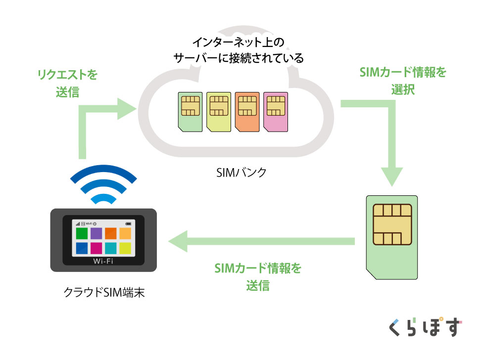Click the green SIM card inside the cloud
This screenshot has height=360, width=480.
pos(190,112)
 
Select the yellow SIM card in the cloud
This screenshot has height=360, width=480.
pos(219,112)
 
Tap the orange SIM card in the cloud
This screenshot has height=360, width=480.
pos(247,112)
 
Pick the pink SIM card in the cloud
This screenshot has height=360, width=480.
pos(276,112)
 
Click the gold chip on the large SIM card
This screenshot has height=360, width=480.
pos(392,225)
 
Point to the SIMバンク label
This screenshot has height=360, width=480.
pos(241,173)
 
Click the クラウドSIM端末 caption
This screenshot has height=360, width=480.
pos(104,292)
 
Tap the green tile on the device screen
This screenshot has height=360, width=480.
pos(82,233)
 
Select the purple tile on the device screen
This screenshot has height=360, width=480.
pos(96,233)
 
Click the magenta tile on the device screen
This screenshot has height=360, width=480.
pos(96,248)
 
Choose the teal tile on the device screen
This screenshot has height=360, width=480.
pos(110,248)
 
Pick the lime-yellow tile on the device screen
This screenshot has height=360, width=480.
pos(125,248)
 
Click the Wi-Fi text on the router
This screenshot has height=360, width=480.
pos(103,261)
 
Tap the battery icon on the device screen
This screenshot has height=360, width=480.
pos(128,224)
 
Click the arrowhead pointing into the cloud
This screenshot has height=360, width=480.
pos(126,109)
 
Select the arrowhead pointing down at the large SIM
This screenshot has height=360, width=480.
pos(392,177)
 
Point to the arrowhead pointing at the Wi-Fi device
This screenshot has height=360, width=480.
pos(178,241)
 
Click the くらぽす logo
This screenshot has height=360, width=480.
pos(425,327)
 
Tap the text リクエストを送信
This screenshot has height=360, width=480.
pos(67,83)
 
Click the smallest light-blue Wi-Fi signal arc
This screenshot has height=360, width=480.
pos(103,199)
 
